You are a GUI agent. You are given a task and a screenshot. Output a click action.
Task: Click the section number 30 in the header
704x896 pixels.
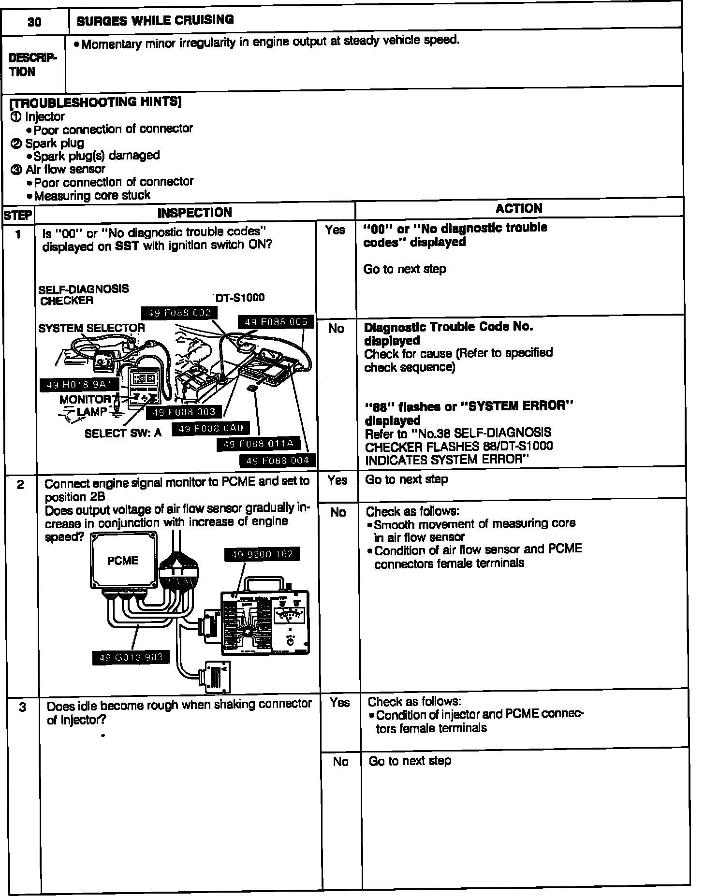click(34, 22)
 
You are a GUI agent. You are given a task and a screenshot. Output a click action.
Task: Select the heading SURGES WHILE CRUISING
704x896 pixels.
click(155, 20)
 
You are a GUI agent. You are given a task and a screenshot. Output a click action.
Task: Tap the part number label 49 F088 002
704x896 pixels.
click(179, 313)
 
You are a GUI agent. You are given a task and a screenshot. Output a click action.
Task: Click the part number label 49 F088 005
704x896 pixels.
click(276, 322)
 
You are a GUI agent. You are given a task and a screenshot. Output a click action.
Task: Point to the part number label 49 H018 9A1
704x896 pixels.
click(79, 385)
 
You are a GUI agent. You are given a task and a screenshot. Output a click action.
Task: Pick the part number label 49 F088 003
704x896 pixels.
click(184, 412)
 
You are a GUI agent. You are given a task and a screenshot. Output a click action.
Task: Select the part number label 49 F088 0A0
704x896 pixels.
click(211, 428)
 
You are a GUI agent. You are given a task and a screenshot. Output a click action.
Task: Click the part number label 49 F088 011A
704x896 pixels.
click(258, 443)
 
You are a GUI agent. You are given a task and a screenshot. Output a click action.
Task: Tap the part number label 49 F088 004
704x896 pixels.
click(278, 461)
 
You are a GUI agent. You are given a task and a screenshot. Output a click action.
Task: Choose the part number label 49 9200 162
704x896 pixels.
click(262, 554)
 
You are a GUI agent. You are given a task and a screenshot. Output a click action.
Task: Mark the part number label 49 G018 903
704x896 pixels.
click(131, 657)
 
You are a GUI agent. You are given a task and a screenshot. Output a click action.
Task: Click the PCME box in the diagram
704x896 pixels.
click(123, 561)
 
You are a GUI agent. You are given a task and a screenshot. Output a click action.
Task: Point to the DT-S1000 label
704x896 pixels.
click(240, 298)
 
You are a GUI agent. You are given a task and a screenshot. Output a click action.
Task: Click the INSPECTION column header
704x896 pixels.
click(195, 213)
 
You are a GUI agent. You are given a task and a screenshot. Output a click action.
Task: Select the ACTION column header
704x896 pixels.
click(519, 209)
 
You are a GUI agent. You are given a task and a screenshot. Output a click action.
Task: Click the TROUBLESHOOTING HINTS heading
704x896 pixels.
click(95, 102)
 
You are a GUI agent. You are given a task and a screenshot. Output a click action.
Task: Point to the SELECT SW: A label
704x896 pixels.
click(123, 433)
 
